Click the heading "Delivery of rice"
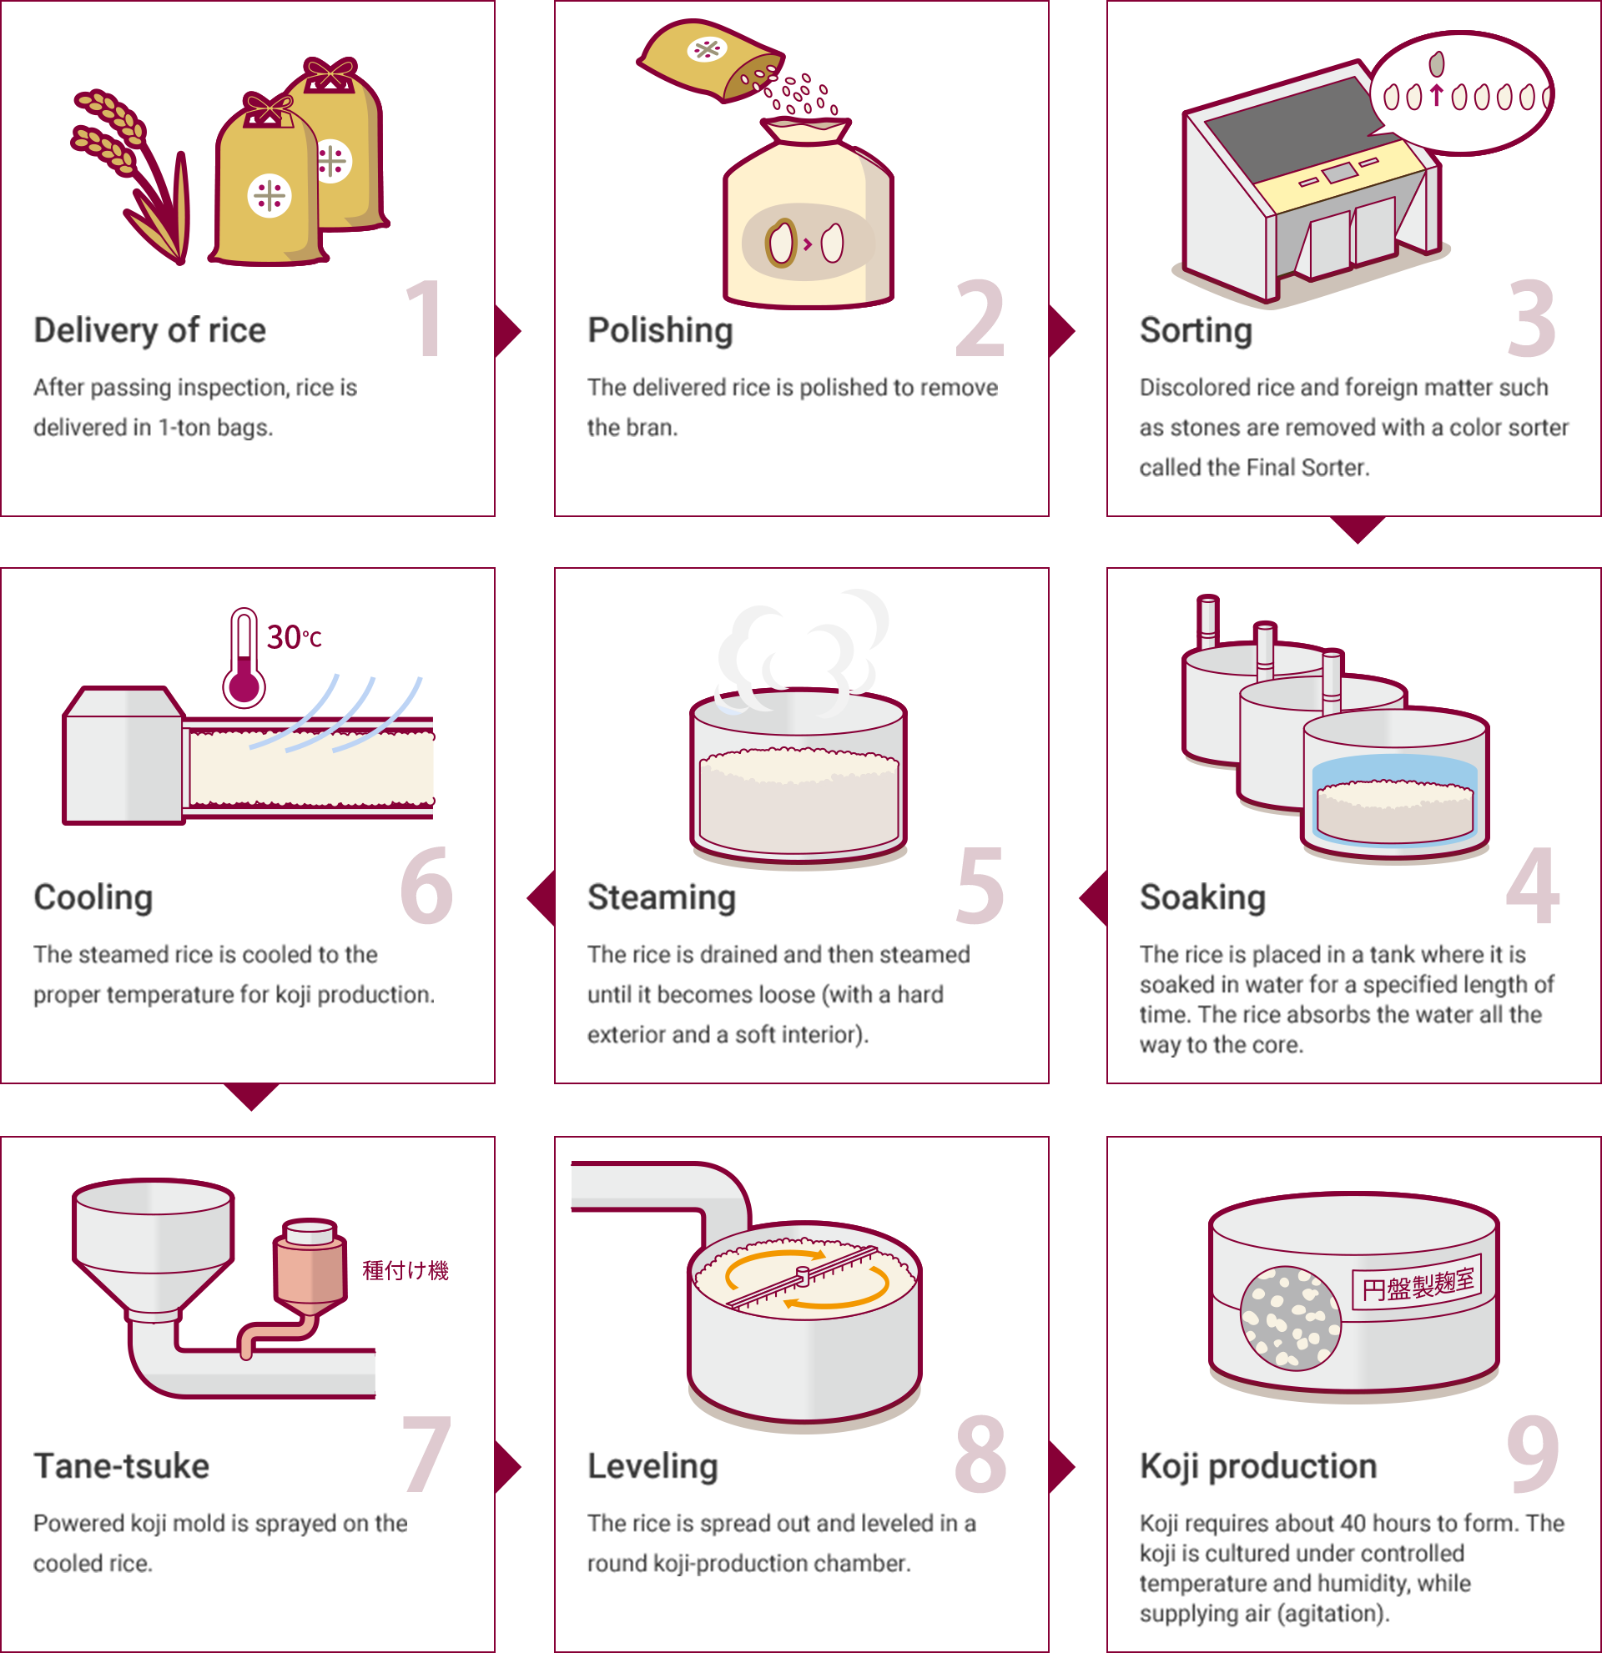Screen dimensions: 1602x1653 (149, 329)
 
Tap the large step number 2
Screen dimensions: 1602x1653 (980, 318)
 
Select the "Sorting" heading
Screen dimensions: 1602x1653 (1196, 329)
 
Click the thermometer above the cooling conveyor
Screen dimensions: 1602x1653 (244, 658)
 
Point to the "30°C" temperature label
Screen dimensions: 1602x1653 (295, 637)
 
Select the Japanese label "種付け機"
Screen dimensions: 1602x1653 (405, 1270)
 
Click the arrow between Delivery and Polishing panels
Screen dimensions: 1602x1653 (508, 330)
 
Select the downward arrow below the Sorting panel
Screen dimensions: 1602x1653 (1358, 530)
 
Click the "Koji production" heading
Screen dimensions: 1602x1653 (1257, 1466)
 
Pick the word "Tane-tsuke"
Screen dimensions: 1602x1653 (122, 1466)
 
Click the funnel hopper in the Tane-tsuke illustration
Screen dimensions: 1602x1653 (154, 1249)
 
